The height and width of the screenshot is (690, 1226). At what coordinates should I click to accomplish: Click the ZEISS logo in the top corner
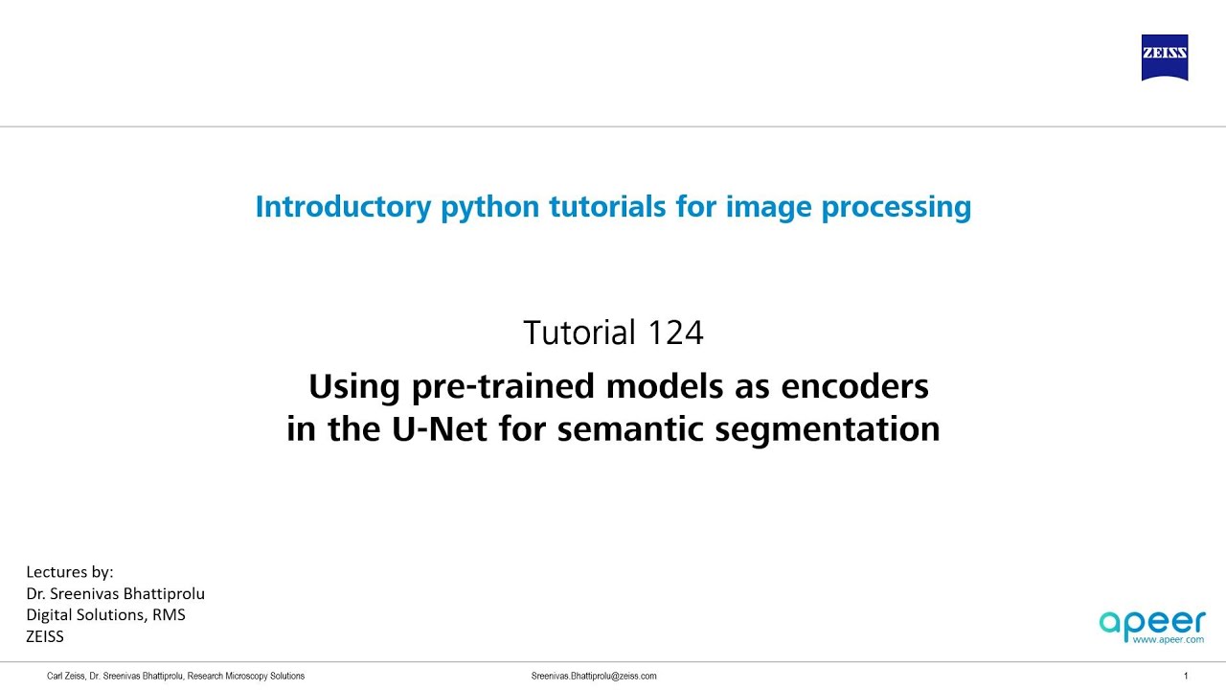(1164, 57)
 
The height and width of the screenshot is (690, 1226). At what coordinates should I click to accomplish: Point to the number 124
(675, 333)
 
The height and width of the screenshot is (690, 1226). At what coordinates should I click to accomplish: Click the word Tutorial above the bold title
(579, 333)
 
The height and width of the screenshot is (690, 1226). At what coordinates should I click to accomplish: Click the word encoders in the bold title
(855, 386)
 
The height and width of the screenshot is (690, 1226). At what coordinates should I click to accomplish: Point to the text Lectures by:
(70, 572)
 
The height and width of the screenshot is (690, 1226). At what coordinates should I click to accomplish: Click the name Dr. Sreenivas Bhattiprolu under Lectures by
(115, 593)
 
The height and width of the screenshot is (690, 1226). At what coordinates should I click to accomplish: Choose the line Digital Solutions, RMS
(105, 614)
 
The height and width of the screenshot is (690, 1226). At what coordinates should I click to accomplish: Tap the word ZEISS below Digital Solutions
(45, 635)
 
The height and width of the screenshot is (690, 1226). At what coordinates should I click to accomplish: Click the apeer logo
(1152, 624)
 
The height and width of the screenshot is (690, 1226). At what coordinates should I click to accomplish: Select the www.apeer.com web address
(1169, 639)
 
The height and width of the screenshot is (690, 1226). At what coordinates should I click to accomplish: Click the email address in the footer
(594, 676)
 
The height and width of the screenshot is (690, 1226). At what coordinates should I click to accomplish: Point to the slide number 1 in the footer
(1186, 676)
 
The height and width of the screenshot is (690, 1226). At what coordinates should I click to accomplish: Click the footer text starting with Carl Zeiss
(175, 676)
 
